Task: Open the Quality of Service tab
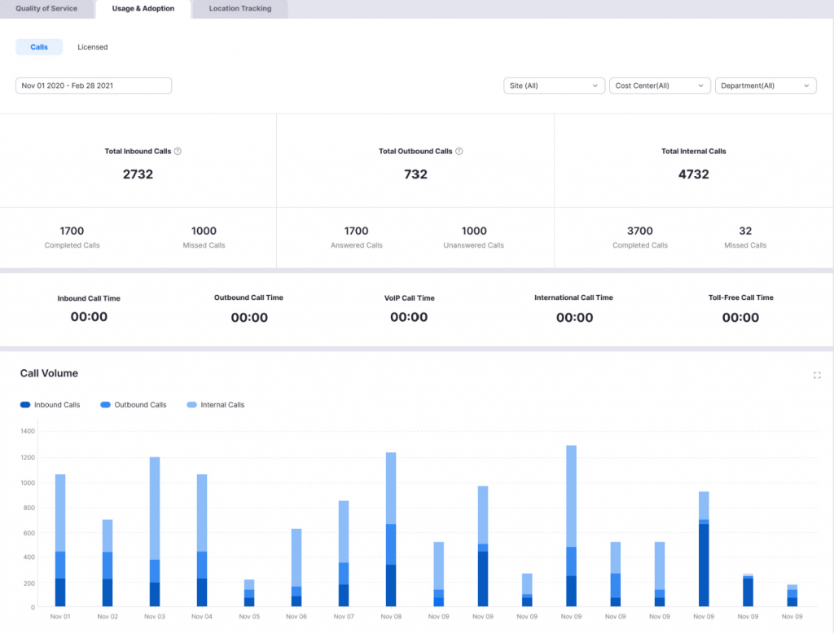coord(46,9)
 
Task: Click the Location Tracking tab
coord(239,9)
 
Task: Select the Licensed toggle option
coord(92,47)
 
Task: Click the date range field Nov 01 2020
coord(93,86)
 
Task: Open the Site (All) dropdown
coord(554,86)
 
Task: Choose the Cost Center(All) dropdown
coord(659,86)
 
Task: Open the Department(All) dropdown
coord(765,86)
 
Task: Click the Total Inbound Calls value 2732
coord(138,174)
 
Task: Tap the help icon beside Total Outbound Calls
coord(459,152)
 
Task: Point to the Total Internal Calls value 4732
coord(693,174)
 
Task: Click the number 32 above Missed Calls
coord(745,231)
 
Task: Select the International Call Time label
coord(573,297)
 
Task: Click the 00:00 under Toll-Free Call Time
coord(740,318)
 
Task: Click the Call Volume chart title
coord(49,373)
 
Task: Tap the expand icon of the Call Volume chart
coord(817,376)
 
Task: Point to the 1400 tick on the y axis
coord(29,431)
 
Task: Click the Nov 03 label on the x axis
coord(155,617)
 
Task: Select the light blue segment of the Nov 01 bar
coord(60,513)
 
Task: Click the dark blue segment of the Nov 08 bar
coord(391,585)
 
